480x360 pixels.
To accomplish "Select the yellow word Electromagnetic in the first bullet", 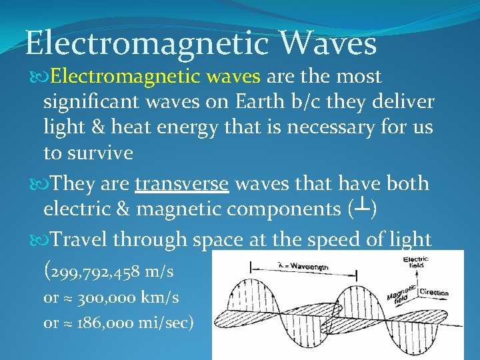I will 124,77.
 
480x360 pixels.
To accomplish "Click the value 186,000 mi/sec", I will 134,323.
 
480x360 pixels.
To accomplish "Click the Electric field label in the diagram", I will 415,261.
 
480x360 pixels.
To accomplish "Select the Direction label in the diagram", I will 434,293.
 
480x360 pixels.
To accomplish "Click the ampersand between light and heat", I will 89,127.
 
